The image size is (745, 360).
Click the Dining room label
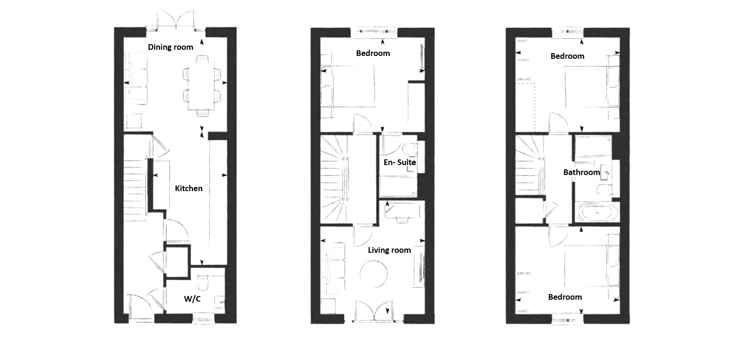(x=170, y=47)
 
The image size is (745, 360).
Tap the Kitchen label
(x=188, y=188)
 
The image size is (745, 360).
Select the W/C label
(x=191, y=299)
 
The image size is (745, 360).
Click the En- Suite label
(x=399, y=162)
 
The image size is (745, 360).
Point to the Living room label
(x=389, y=250)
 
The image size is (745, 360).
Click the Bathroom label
(x=581, y=172)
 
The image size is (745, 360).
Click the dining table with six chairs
(x=202, y=85)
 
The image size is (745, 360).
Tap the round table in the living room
(x=374, y=274)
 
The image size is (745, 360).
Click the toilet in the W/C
(x=203, y=284)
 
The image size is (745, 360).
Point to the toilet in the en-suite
(x=407, y=148)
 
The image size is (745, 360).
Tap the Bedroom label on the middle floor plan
(x=373, y=53)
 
